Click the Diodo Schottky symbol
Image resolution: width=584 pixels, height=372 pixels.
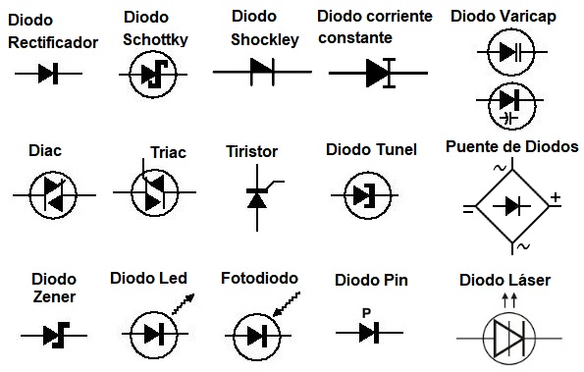pyautogui.click(x=153, y=75)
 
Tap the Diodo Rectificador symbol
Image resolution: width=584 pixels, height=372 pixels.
pyautogui.click(x=48, y=74)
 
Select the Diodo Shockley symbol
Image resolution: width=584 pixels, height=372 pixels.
pyautogui.click(x=262, y=72)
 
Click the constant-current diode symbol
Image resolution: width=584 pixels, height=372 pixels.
pyautogui.click(x=378, y=73)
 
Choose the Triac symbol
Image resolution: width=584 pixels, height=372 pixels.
pyautogui.click(x=154, y=192)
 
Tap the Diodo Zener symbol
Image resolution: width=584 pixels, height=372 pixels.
pyautogui.click(x=54, y=335)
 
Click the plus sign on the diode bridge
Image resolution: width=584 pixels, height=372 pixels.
pyautogui.click(x=556, y=197)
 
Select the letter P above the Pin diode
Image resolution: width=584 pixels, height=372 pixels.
pyautogui.click(x=366, y=313)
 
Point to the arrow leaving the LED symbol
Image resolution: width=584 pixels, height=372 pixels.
pyautogui.click(x=184, y=304)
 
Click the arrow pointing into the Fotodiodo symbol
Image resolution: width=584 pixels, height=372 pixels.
pyautogui.click(x=286, y=304)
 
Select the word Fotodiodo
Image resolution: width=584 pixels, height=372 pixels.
pyautogui.click(x=259, y=278)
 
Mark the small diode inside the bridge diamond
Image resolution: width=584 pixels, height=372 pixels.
pyautogui.click(x=511, y=206)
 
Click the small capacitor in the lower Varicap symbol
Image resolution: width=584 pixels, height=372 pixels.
pyautogui.click(x=508, y=119)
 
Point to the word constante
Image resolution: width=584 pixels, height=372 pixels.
pyautogui.click(x=355, y=37)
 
